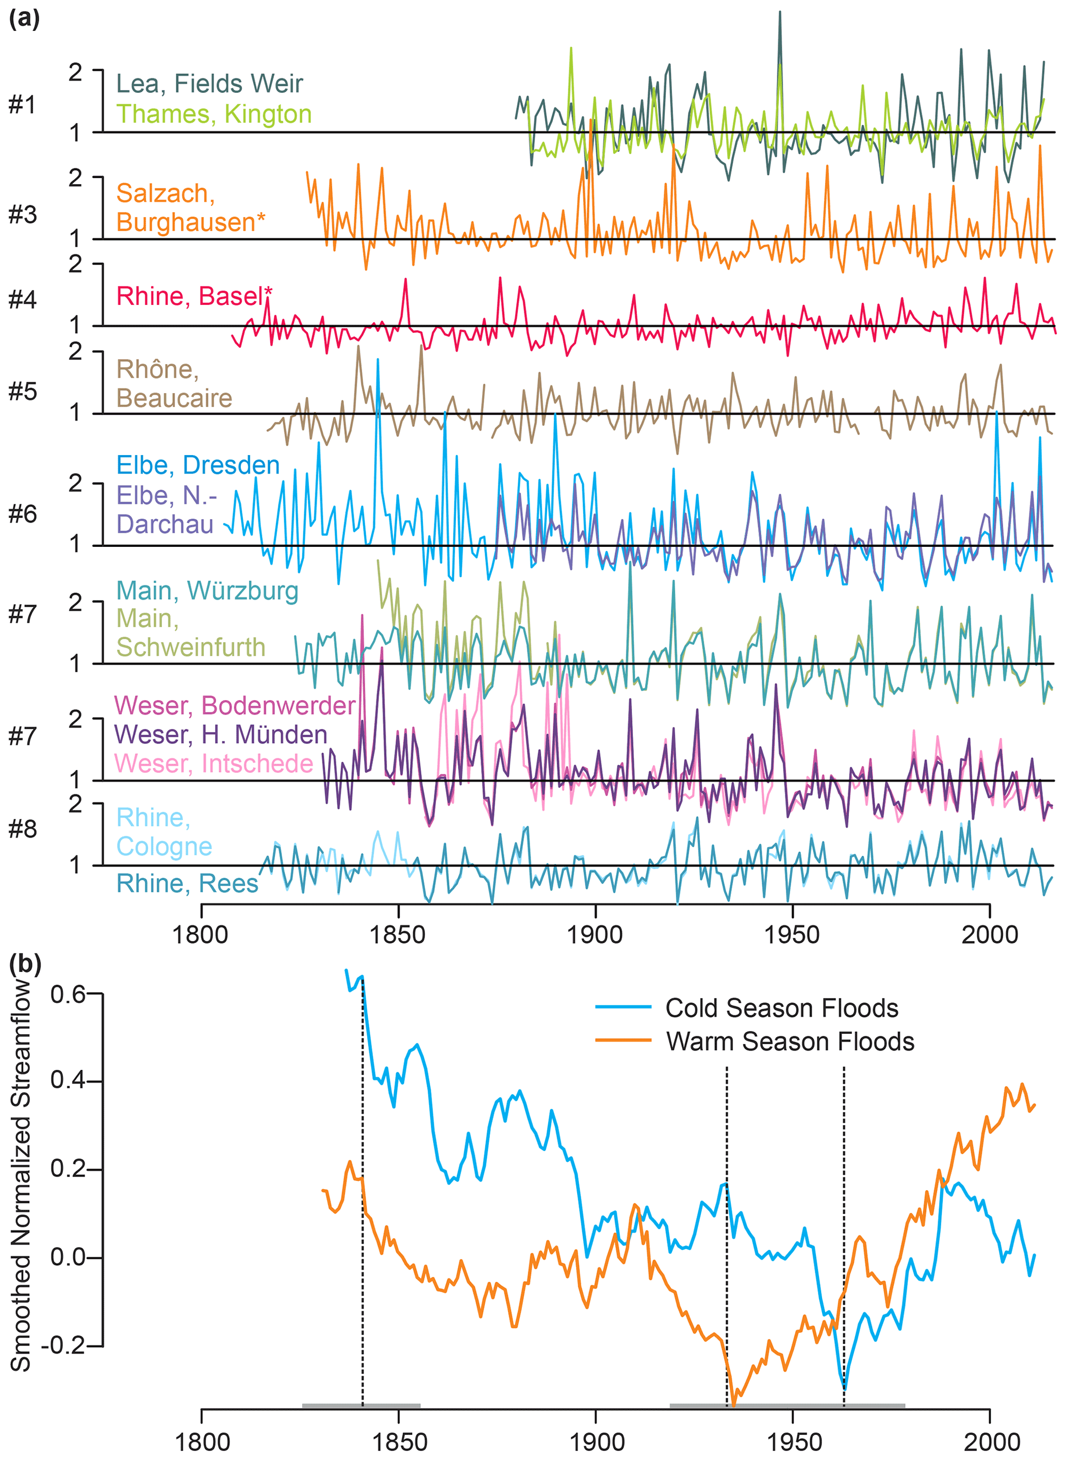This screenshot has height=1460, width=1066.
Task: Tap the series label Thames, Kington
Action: [214, 113]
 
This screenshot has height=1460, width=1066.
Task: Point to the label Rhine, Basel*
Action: [193, 296]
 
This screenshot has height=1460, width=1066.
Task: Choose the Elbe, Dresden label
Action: [198, 465]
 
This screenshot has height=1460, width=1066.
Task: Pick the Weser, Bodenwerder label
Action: [234, 705]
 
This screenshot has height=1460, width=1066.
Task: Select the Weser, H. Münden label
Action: [221, 735]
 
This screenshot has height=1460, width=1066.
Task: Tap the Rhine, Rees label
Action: [187, 884]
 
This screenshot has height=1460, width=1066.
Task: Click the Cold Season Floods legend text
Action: [781, 1008]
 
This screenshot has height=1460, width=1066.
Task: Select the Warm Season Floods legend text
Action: [790, 1042]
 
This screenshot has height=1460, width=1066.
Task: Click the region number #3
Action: [23, 214]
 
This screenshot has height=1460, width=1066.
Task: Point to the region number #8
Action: [23, 829]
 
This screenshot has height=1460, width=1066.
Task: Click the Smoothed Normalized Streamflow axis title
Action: [21, 1175]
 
